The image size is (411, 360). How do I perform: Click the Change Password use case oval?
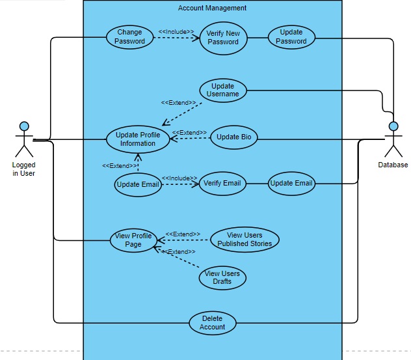(x=129, y=36)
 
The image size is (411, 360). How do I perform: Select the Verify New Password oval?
(x=223, y=38)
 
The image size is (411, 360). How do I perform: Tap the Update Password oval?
(x=291, y=37)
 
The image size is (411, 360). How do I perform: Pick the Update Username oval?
(x=223, y=90)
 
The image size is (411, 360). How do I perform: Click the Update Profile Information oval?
(x=137, y=139)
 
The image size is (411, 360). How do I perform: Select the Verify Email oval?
(x=222, y=183)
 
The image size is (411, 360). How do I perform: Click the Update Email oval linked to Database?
(x=291, y=183)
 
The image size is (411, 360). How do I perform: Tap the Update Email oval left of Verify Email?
(x=137, y=184)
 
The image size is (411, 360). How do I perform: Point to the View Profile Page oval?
(x=133, y=240)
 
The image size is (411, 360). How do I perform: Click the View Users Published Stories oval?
(x=245, y=240)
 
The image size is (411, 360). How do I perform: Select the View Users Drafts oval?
(x=222, y=277)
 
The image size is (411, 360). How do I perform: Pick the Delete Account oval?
(x=213, y=322)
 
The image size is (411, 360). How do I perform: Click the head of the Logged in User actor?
(x=24, y=125)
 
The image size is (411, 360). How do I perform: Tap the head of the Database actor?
(x=393, y=126)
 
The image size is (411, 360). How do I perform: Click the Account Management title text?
(x=212, y=8)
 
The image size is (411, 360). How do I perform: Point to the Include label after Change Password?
(x=176, y=31)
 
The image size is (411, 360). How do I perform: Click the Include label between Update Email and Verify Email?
(x=179, y=178)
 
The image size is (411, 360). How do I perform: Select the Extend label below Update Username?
(x=178, y=103)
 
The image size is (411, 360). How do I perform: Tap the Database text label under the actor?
(x=393, y=165)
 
